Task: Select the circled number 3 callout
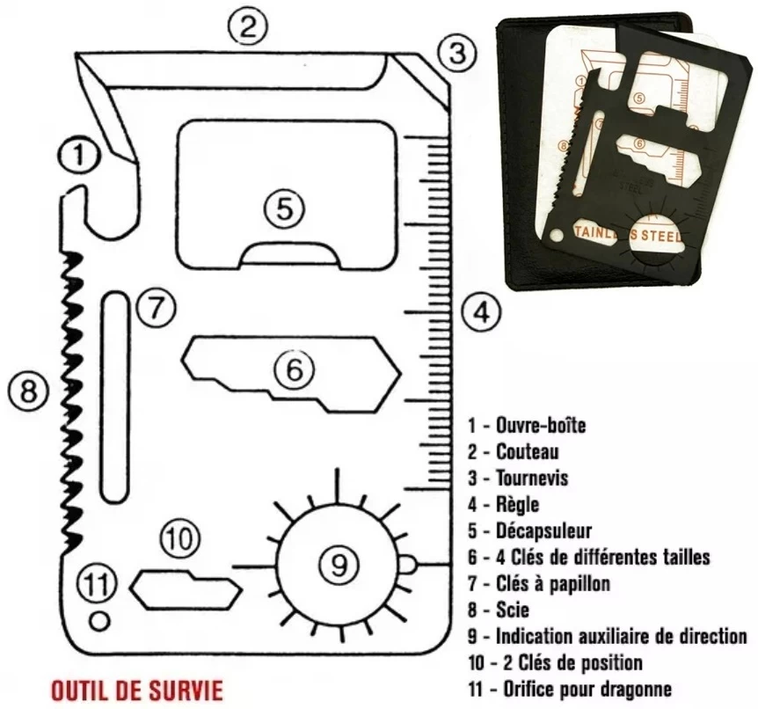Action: point(456,53)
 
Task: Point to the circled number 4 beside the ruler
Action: point(480,311)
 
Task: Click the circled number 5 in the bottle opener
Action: point(284,208)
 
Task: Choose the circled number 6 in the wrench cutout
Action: point(294,369)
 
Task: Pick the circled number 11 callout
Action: point(97,582)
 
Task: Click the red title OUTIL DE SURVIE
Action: point(137,686)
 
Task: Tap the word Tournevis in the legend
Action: point(532,478)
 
